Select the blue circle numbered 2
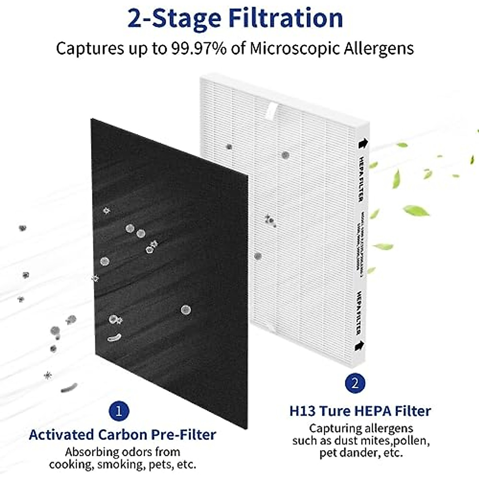[x=355, y=384]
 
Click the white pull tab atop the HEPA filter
[x=273, y=109]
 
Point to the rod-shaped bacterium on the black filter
[x=114, y=338]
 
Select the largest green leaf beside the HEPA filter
[x=416, y=210]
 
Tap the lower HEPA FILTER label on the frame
[x=358, y=312]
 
